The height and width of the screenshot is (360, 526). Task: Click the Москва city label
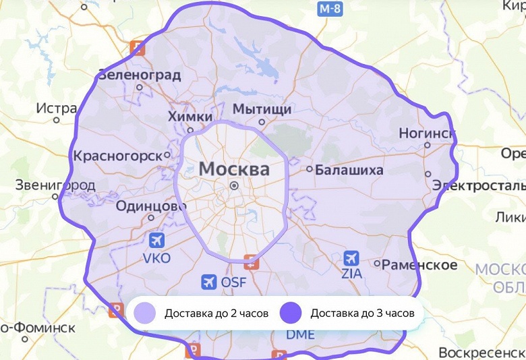tap(234, 169)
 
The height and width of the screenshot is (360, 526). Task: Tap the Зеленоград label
tap(140, 75)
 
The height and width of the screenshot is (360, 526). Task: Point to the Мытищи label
tap(262, 109)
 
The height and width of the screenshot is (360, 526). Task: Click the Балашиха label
tap(349, 170)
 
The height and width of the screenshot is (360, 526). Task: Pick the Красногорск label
tap(118, 156)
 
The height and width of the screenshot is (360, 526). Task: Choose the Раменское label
tap(420, 264)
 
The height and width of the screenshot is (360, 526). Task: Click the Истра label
tap(57, 108)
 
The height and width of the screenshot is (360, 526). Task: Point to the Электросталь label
tap(479, 185)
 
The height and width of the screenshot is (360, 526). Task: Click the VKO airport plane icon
tap(157, 240)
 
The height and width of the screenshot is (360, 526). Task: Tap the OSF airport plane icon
tap(209, 282)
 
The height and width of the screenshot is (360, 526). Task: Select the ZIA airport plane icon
tap(351, 258)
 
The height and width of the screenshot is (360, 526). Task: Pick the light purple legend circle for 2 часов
tap(144, 313)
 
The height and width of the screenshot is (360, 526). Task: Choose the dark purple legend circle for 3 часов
tap(291, 313)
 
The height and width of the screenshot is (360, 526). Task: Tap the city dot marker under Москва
tap(233, 185)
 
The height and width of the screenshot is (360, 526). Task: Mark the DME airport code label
tap(300, 334)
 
